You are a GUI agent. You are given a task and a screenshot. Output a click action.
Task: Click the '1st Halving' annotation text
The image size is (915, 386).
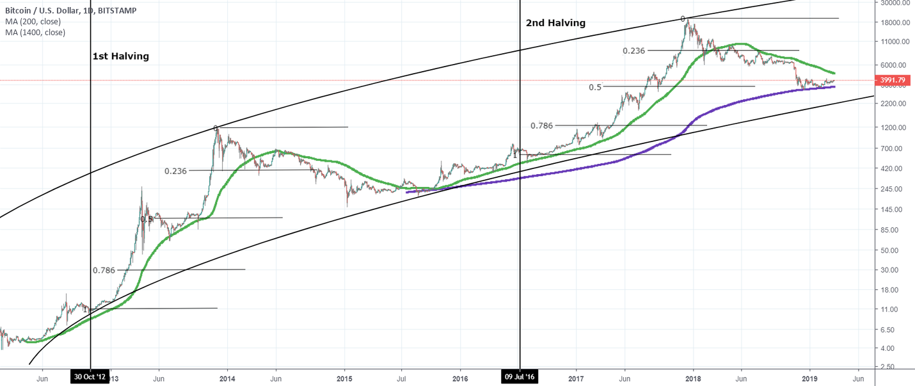[121, 56]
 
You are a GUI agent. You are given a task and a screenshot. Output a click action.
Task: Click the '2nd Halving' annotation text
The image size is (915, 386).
[555, 23]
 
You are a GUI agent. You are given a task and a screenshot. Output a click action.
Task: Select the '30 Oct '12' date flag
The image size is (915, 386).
[90, 378]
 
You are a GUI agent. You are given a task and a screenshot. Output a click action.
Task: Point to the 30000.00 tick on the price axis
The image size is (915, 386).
[894, 3]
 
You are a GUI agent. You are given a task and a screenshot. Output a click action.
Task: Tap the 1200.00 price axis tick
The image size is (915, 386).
[894, 127]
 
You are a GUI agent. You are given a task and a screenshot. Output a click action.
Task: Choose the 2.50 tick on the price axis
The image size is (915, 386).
[887, 367]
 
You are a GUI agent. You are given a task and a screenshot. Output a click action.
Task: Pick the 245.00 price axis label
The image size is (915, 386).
[892, 189]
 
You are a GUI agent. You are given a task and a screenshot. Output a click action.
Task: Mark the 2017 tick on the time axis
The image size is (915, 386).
[577, 378]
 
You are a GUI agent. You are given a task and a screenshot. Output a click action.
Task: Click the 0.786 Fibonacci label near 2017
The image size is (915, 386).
[541, 125]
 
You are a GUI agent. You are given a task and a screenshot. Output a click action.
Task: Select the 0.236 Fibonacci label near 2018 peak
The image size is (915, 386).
[633, 51]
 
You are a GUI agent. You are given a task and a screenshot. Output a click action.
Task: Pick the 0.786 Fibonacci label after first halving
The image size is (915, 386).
[104, 270]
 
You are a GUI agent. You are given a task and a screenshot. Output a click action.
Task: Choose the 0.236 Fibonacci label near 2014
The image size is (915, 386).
[175, 171]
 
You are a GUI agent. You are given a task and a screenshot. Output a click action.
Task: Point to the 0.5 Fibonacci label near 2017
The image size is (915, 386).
[595, 87]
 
